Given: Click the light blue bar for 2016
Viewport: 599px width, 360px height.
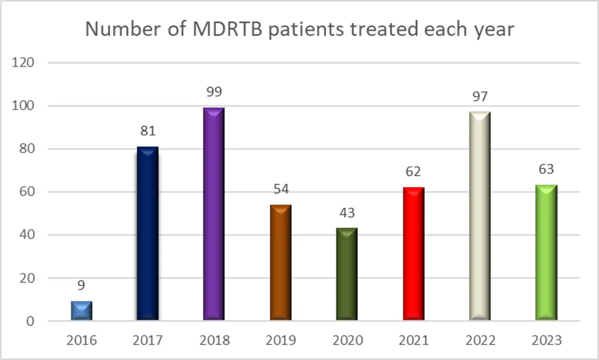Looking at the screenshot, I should point(82,311).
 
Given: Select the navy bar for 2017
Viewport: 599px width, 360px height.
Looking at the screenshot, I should point(148,234).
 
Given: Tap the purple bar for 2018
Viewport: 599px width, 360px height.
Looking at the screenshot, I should point(214,214).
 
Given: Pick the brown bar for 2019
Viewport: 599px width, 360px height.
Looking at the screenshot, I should point(280,262).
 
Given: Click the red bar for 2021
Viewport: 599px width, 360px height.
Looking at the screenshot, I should point(413,254).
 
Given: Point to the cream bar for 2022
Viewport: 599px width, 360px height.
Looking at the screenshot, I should point(480,216).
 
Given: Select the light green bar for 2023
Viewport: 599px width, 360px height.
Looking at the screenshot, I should point(546,252).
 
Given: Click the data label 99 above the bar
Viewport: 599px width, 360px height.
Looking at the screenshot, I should point(214,92).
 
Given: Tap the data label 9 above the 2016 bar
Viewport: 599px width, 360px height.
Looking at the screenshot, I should point(81,285).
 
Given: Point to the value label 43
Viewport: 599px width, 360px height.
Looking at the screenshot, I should point(347,212).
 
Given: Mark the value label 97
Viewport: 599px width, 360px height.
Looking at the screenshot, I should point(480,96).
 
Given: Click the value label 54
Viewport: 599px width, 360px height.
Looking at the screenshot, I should point(281,189).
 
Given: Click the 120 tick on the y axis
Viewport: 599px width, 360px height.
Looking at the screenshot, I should point(23,62).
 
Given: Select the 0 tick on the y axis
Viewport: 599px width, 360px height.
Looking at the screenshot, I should point(30,321).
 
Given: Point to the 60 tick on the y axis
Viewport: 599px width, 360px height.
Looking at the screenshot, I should point(27,192).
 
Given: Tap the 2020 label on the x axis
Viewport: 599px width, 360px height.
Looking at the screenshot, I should point(347,340).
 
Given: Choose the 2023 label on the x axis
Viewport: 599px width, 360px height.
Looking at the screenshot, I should point(547,340).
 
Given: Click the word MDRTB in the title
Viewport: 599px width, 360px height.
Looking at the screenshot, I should point(227,29).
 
